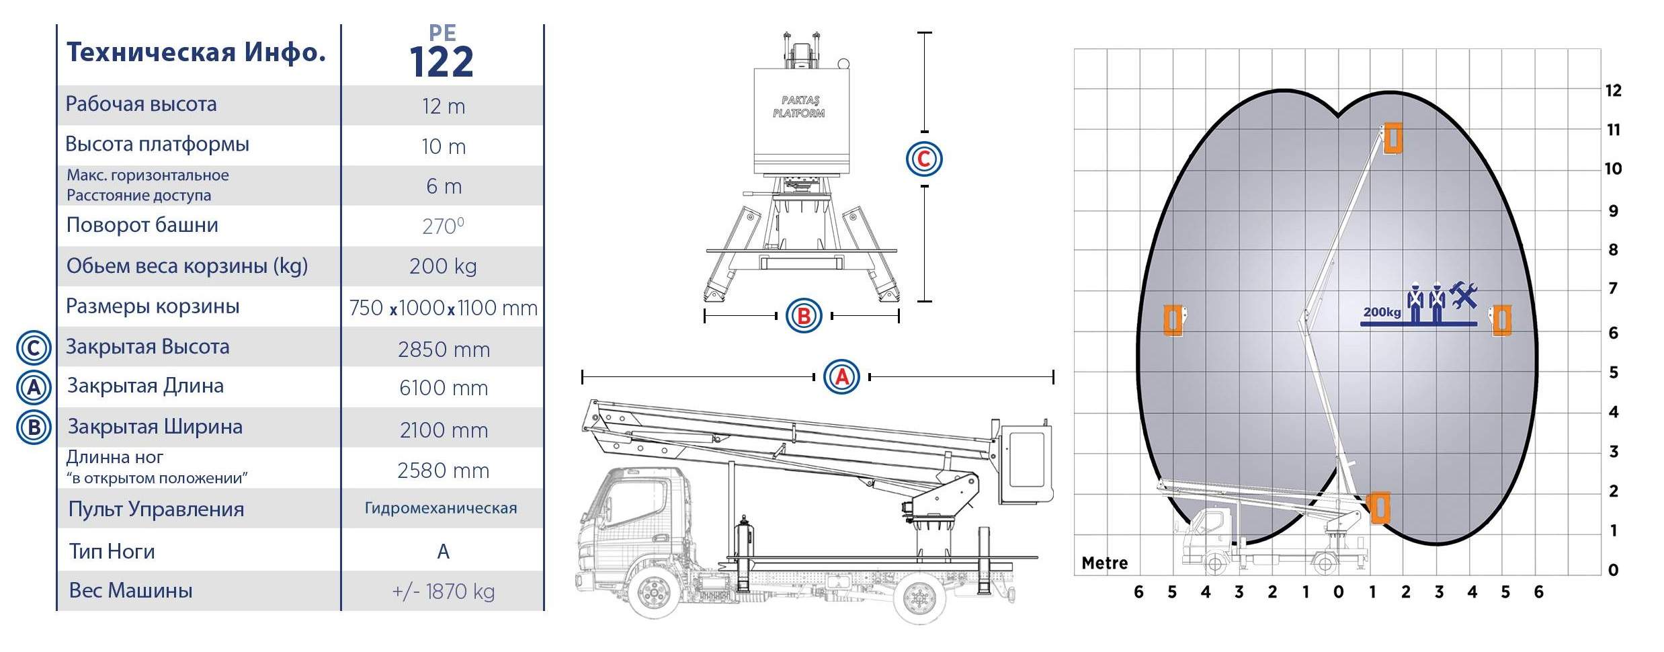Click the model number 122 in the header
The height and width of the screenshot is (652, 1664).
(x=442, y=63)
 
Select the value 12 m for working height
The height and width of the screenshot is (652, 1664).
(x=444, y=106)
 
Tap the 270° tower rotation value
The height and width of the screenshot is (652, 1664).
(x=443, y=226)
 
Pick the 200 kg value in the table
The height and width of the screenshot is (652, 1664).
(x=443, y=266)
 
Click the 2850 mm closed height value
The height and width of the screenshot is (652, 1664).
(x=444, y=350)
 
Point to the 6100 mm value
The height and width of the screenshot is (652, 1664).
(x=444, y=388)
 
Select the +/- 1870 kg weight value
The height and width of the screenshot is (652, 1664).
(x=444, y=592)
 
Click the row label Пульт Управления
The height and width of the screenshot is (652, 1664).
(x=156, y=510)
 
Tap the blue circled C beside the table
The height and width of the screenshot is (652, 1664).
(x=34, y=348)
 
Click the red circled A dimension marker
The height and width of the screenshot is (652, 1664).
(x=841, y=377)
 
